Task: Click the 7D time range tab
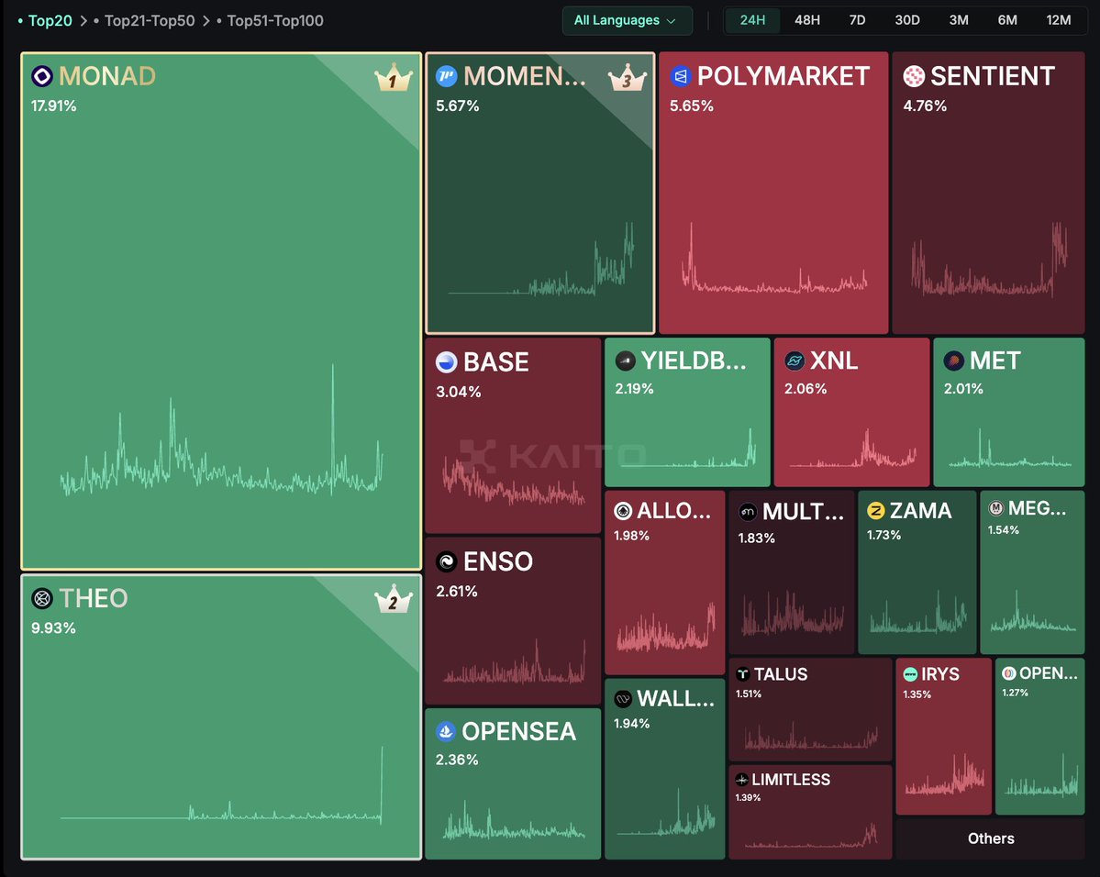click(857, 20)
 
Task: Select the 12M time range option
click(1058, 20)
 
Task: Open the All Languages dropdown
click(627, 20)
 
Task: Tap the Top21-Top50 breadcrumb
click(150, 20)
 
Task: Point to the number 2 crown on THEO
click(393, 602)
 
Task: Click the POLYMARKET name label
click(783, 76)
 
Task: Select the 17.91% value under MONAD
click(54, 106)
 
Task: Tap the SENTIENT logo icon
click(914, 76)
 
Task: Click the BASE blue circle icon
click(447, 362)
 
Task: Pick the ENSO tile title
click(497, 561)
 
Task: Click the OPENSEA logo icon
click(447, 731)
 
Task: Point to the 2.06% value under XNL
click(806, 389)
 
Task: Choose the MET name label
click(994, 361)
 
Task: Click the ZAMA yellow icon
click(875, 511)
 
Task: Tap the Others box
click(991, 838)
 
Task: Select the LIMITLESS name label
click(790, 780)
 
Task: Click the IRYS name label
click(941, 674)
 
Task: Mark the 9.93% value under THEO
click(54, 628)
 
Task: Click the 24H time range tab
click(752, 20)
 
